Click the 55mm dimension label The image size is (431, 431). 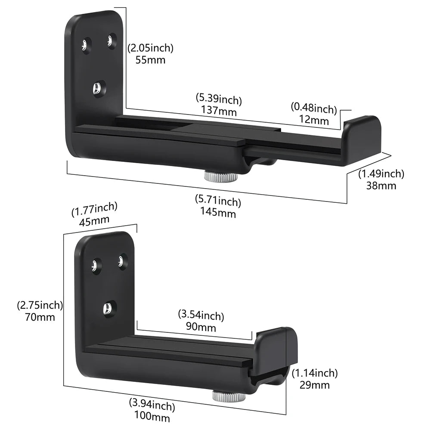(150, 60)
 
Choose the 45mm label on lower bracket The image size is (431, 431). (94, 220)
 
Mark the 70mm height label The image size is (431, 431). (40, 317)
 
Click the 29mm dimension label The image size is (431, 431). (314, 384)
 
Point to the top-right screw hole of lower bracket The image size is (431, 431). (122, 261)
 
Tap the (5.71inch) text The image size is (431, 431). (218, 201)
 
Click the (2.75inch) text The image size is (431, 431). (40, 306)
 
